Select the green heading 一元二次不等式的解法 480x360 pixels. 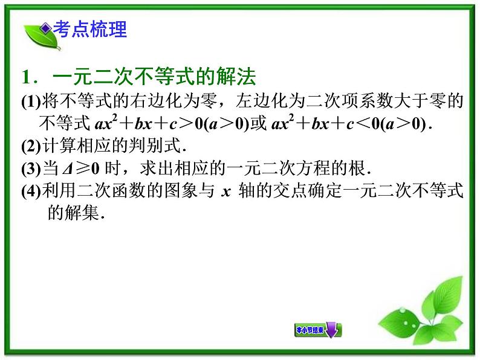point(155,78)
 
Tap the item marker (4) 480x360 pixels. point(30,192)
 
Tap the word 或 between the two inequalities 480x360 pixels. point(258,124)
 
